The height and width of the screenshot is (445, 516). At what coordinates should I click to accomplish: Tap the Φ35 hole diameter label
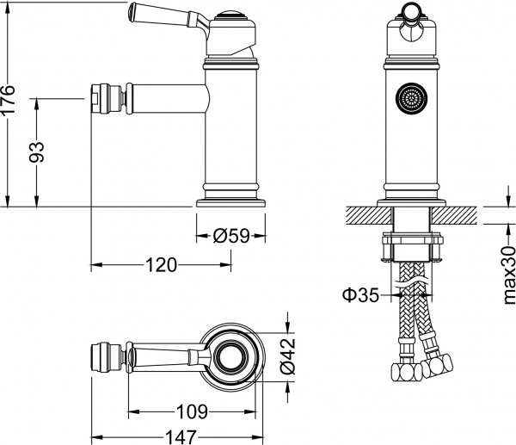[x=360, y=296]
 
